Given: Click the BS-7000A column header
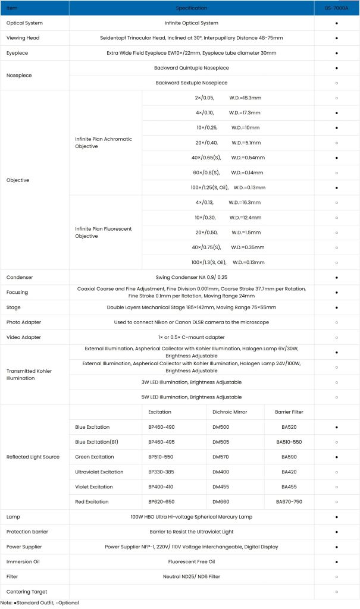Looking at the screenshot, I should (x=337, y=8).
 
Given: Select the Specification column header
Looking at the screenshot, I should (x=192, y=8).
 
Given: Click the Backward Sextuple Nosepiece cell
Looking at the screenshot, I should (x=192, y=83).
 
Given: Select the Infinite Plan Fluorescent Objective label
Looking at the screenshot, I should (x=104, y=232).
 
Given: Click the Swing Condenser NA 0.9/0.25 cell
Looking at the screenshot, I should (x=192, y=278).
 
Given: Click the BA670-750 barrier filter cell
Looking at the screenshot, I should (x=289, y=502).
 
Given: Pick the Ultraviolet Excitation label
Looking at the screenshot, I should (x=99, y=472).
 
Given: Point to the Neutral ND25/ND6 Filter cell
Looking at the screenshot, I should (x=192, y=576).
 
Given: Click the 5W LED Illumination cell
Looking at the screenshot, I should (x=192, y=397).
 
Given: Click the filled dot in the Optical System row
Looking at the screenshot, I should (x=337, y=23).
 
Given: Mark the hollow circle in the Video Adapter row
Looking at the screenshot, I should (x=337, y=337).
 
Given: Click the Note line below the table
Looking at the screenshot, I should (x=39, y=603).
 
